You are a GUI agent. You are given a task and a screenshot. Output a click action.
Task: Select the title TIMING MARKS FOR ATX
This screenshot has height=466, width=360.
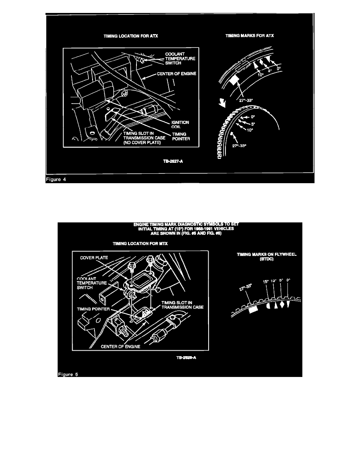(x=250, y=36)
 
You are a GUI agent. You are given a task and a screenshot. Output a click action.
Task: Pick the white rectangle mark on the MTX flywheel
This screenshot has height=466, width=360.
(x=253, y=309)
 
